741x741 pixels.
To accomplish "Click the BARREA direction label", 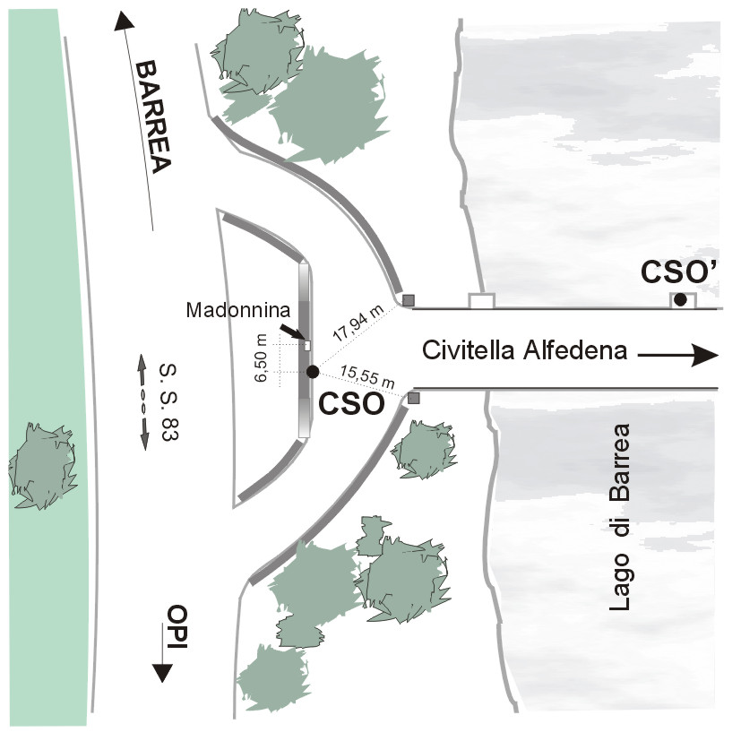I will [152, 117].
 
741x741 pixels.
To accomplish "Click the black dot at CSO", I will [312, 371].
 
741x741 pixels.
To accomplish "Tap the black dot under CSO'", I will [680, 299].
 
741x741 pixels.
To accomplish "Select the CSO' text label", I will [679, 271].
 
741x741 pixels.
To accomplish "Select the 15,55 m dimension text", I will [366, 378].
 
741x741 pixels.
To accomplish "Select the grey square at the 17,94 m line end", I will [409, 299].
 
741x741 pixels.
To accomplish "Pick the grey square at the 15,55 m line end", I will [413, 398].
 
